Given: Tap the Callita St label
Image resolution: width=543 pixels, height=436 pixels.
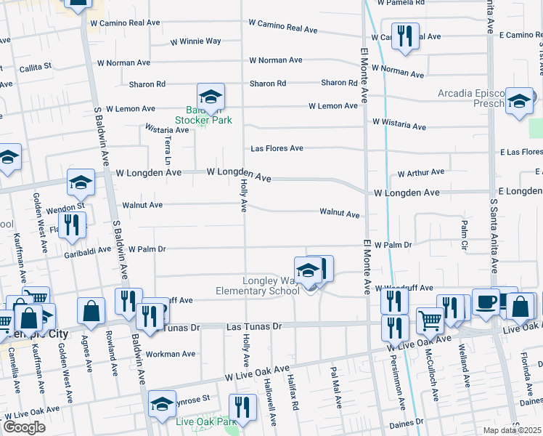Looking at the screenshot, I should click(36, 66).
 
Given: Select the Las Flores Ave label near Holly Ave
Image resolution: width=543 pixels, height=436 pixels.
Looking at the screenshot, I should click(277, 148).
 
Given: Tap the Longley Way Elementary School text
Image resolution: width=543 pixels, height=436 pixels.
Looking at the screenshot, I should click(258, 286).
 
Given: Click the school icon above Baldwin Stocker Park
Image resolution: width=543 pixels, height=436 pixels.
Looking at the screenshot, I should click(211, 97).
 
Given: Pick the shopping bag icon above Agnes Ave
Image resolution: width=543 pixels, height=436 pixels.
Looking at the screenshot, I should click(93, 311).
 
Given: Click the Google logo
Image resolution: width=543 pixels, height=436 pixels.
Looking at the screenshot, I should click(23, 427).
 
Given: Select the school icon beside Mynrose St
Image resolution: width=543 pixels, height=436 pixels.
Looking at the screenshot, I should click(162, 404).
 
